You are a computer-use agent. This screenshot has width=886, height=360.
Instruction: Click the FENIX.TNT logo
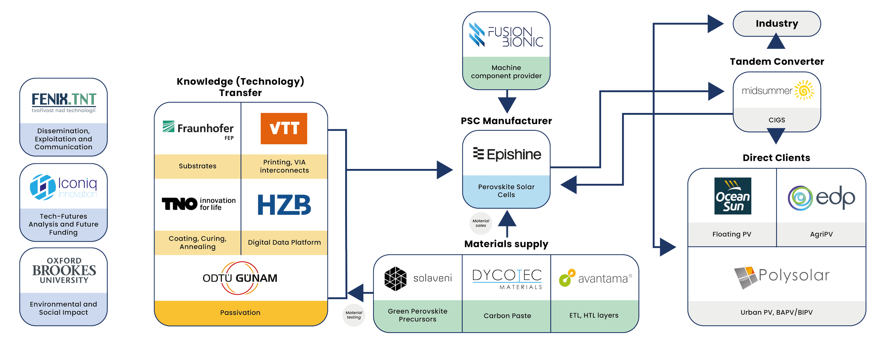click(64, 102)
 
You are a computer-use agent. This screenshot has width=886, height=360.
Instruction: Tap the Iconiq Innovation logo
click(64, 187)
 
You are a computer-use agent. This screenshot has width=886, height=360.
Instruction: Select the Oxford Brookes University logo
click(64, 271)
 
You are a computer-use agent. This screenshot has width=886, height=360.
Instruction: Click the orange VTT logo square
click(284, 128)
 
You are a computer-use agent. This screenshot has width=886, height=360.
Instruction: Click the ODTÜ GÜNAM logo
click(240, 278)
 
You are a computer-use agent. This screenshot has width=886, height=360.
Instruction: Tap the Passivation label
click(240, 313)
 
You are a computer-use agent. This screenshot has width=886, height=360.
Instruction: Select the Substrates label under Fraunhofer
click(197, 166)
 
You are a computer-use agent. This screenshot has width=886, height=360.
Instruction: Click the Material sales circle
click(481, 223)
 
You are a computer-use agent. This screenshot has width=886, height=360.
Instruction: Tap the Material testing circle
click(354, 315)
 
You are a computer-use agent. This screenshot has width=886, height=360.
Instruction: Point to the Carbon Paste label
click(507, 316)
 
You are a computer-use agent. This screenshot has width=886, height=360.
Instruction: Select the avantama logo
click(595, 279)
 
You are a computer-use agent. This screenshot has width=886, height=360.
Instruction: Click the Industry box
click(777, 24)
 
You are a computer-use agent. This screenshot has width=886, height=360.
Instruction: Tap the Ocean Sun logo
click(733, 196)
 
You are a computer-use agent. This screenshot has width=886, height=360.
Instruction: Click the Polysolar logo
click(781, 277)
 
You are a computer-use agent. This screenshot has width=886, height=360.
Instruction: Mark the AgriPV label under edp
click(821, 234)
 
